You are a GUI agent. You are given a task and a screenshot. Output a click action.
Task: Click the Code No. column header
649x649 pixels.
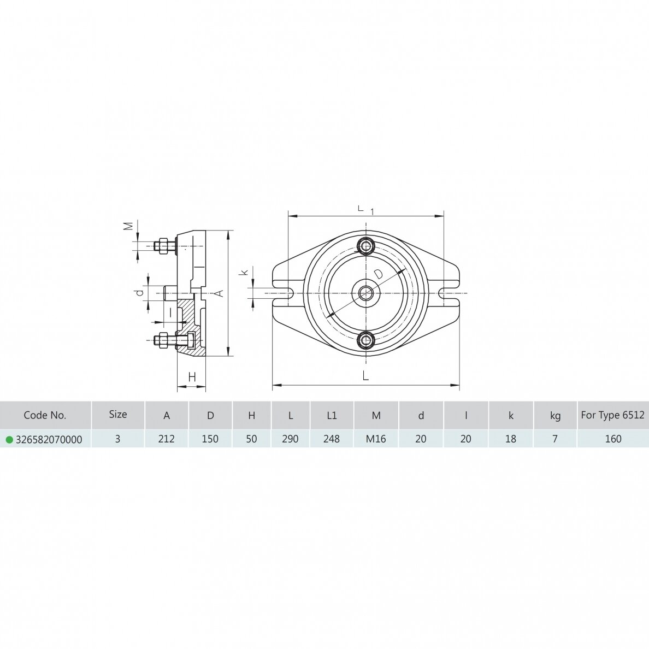click(45, 415)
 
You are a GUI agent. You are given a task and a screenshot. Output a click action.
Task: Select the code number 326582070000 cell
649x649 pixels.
click(49, 440)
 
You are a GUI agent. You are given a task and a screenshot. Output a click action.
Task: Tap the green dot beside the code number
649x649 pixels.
click(9, 440)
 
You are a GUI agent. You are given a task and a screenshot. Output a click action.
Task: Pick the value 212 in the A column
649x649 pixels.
click(167, 439)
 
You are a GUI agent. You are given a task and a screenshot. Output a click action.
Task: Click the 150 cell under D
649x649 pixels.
click(210, 439)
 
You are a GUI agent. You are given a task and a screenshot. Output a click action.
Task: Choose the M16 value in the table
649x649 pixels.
click(376, 439)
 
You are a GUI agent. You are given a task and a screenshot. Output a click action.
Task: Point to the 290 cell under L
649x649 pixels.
click(290, 439)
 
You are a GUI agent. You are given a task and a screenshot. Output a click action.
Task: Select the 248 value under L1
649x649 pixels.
click(332, 439)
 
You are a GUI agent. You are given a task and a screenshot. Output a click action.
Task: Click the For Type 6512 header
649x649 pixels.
click(612, 415)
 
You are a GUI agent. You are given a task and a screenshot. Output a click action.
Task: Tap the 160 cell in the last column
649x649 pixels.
click(613, 439)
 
